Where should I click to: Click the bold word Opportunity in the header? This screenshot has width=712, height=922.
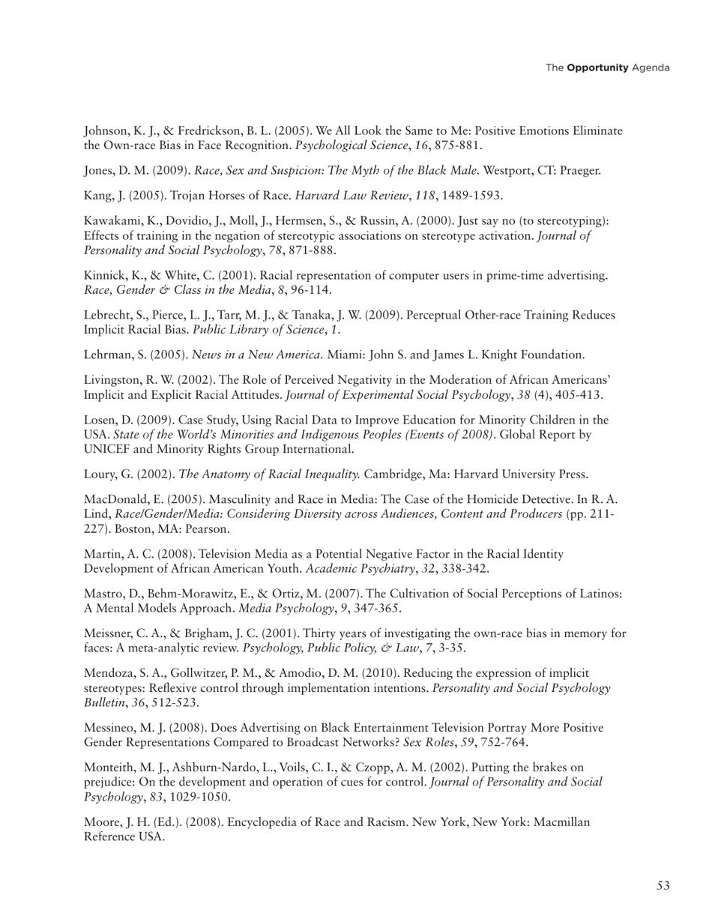(x=597, y=68)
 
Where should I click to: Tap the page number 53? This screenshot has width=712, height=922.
(x=663, y=886)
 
